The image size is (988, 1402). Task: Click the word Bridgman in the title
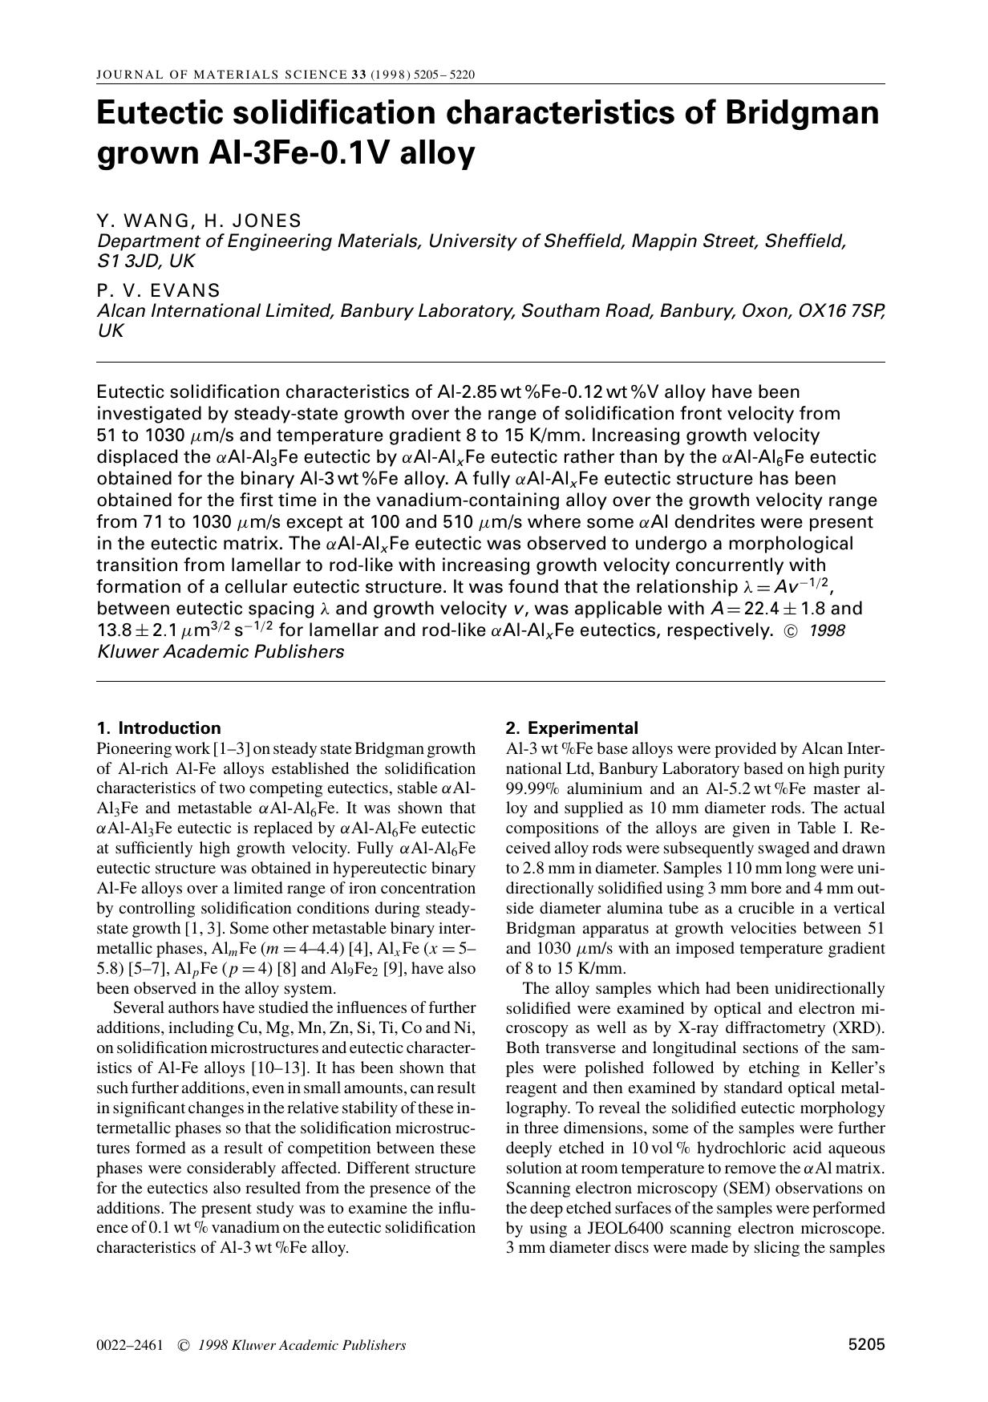(802, 113)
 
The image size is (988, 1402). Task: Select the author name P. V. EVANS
(158, 290)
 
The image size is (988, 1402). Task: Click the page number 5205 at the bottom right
(866, 1345)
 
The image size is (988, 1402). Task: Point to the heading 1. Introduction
(158, 728)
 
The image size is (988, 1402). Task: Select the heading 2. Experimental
(572, 728)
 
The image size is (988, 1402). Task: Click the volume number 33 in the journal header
(358, 75)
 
